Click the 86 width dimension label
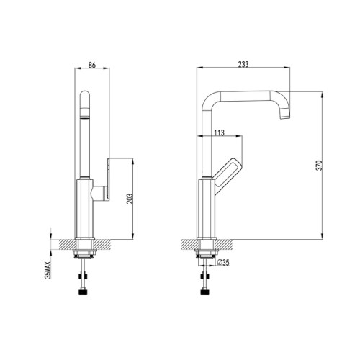coord(92,65)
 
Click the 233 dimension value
coord(243,64)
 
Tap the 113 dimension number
coord(219,132)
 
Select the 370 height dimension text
coord(319,165)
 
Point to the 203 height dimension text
coord(130,199)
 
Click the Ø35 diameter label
coord(223,263)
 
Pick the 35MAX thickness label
coord(48,270)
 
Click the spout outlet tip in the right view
coord(285,117)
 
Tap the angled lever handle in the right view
coord(228,174)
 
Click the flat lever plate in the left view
coord(109,179)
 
